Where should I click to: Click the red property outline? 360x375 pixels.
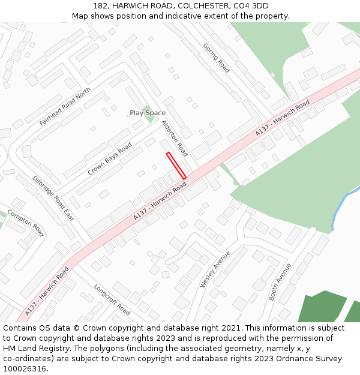click(176, 165)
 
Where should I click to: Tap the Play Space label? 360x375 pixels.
click(148, 113)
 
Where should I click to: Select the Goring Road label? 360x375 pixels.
click(216, 58)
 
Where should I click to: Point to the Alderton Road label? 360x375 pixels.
click(175, 139)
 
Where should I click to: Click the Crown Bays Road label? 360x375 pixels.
click(110, 159)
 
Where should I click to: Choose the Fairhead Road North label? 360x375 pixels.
click(65, 107)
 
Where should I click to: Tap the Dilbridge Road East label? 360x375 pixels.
click(53, 199)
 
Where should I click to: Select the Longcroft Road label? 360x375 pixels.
click(112, 300)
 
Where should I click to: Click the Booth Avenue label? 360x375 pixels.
click(280, 281)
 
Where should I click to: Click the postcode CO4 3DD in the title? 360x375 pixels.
click(253, 6)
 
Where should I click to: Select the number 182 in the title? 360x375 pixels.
click(100, 6)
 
